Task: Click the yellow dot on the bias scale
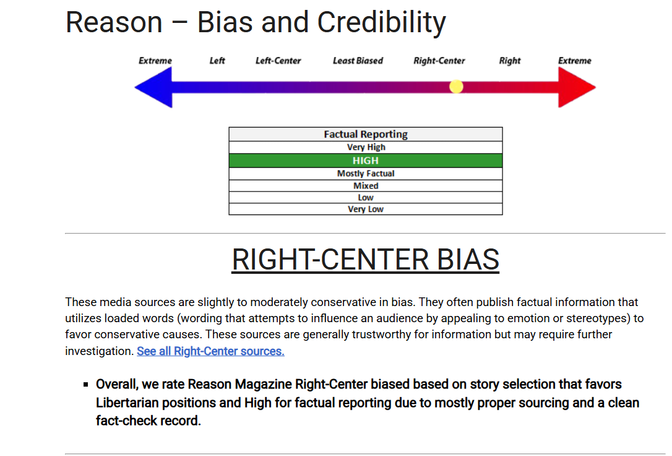coord(456,87)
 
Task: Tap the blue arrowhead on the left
coord(153,87)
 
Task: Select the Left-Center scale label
coord(278,61)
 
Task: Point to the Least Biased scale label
coord(358,61)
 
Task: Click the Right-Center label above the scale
coord(439,61)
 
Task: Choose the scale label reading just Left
coord(217,61)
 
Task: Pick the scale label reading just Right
coord(510,61)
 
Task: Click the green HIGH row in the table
coord(366,160)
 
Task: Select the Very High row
coord(366,147)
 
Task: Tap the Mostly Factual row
coord(366,173)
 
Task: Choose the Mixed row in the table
coord(366,186)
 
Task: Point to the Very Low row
coord(366,209)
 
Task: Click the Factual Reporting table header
coord(366,134)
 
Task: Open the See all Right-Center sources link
coord(210,351)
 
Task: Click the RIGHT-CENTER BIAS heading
coord(366,260)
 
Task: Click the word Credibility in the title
coord(381,22)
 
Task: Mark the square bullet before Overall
coord(86,384)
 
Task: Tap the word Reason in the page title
coord(114,22)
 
